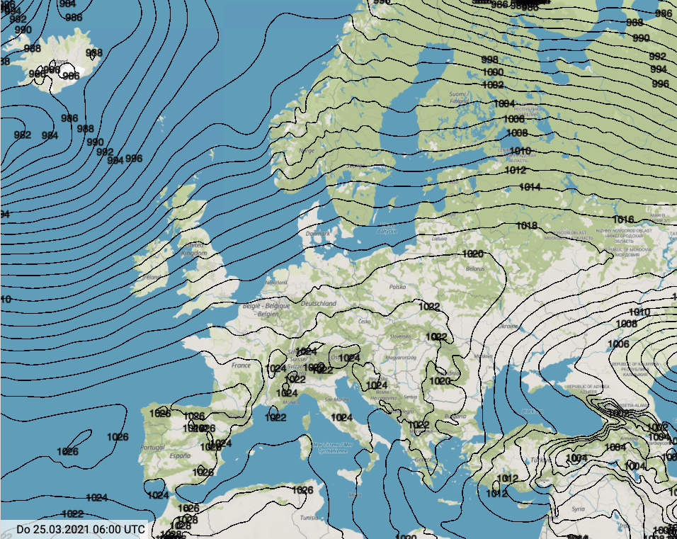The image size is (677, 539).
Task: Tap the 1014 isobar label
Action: tap(529, 187)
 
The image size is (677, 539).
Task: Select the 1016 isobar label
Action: tap(623, 220)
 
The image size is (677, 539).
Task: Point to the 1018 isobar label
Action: tap(527, 226)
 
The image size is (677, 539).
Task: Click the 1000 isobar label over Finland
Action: tap(493, 72)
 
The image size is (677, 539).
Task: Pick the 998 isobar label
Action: tap(489, 59)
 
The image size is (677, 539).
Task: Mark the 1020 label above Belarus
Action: tap(472, 254)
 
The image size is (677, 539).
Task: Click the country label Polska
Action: tap(397, 288)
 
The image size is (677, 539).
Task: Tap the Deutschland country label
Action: tap(318, 303)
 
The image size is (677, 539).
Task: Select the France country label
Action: tap(241, 365)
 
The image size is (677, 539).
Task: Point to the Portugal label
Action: tap(152, 448)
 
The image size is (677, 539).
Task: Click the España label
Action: tap(180, 457)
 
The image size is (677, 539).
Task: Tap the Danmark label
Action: tap(318, 233)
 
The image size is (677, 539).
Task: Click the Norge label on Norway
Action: tap(307, 150)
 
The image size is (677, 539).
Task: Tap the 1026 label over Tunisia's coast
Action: tap(302, 490)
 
